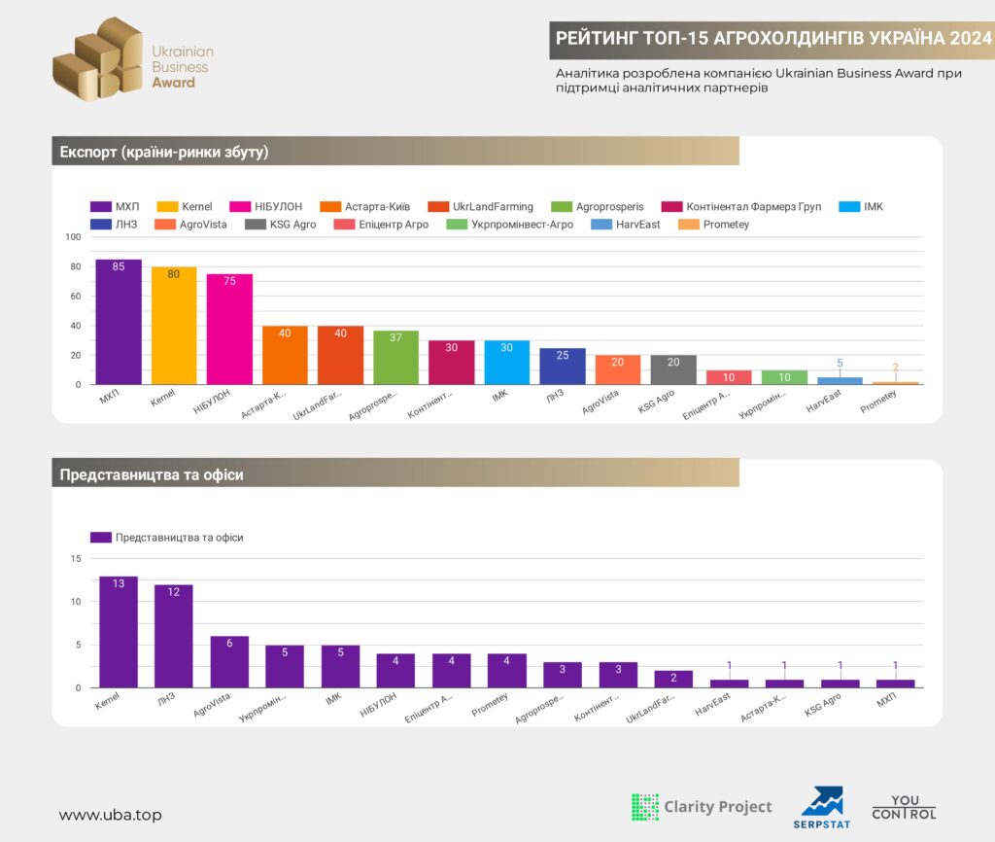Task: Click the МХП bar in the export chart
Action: (x=119, y=322)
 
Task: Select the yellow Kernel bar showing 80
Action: (x=174, y=326)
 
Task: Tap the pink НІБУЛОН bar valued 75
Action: (x=229, y=330)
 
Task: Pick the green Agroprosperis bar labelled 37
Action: (x=396, y=358)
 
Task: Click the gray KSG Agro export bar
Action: (x=673, y=369)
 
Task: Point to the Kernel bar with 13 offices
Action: (x=119, y=632)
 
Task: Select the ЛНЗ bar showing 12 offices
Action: (x=174, y=636)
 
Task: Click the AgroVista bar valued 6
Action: (x=229, y=662)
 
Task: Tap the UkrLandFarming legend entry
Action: (x=480, y=206)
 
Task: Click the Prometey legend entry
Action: (x=713, y=225)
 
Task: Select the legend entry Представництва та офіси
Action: (x=167, y=538)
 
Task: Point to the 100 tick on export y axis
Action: (x=73, y=237)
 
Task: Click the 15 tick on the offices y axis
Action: (x=76, y=559)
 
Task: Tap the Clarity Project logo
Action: (x=702, y=807)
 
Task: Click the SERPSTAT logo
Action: (x=822, y=808)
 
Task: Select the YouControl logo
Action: (x=905, y=807)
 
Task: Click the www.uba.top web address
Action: (x=111, y=815)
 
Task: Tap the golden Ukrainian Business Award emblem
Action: (x=98, y=58)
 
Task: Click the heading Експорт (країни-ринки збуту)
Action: (x=164, y=152)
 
